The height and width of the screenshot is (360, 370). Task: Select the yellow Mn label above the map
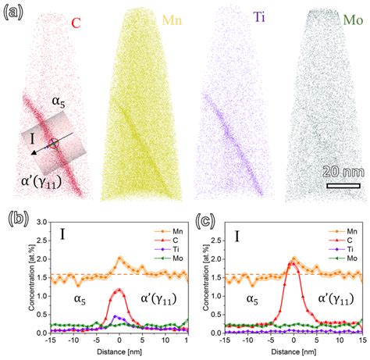point(170,19)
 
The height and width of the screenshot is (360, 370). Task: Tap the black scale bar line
point(343,185)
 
